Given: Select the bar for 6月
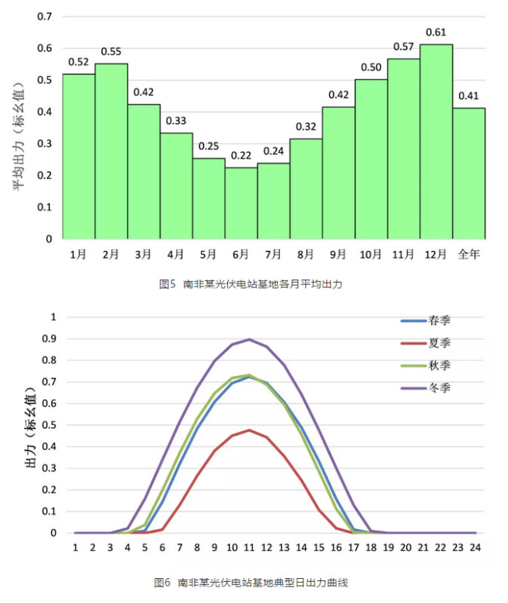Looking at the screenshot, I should coord(241,203).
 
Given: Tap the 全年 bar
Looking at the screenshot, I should coord(469,173).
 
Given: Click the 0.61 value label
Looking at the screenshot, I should coord(436,32).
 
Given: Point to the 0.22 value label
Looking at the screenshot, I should coord(241,155).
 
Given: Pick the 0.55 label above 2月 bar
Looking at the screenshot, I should coord(110,52).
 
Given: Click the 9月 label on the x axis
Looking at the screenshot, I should coord(338,254).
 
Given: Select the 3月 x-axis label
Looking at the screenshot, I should coord(143,254).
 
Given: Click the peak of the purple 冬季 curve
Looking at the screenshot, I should coord(249,339).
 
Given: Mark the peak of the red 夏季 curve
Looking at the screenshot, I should coord(249,430).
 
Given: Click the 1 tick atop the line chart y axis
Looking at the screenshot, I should coord(53,317).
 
